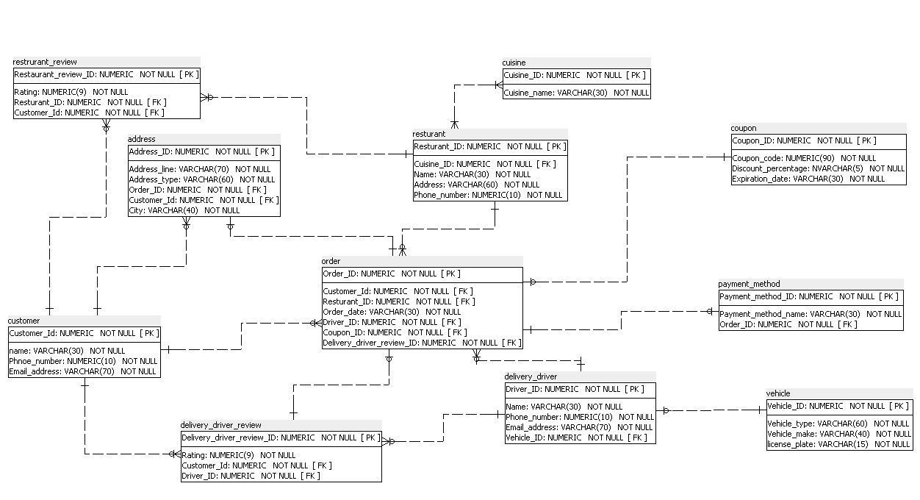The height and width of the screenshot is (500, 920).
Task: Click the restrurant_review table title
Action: click(46, 62)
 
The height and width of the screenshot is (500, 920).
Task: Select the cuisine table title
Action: click(514, 63)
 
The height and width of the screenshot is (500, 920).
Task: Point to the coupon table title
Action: click(744, 128)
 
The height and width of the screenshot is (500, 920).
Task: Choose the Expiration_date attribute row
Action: click(808, 179)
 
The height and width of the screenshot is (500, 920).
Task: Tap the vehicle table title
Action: click(778, 393)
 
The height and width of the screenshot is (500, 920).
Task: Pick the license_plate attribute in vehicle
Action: click(838, 444)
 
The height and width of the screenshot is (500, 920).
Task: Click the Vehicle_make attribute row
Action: click(838, 434)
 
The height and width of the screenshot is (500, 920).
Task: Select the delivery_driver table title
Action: click(531, 376)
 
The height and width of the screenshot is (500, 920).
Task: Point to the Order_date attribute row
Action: click(392, 312)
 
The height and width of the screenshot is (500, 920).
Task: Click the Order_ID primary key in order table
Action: click(392, 274)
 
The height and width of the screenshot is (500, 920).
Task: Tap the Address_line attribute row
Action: click(199, 169)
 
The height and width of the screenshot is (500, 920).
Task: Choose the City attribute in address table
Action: click(184, 210)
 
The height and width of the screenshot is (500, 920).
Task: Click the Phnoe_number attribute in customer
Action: click(82, 361)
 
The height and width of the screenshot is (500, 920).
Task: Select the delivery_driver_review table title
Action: click(221, 425)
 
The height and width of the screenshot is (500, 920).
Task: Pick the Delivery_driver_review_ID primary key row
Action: click(280, 438)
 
